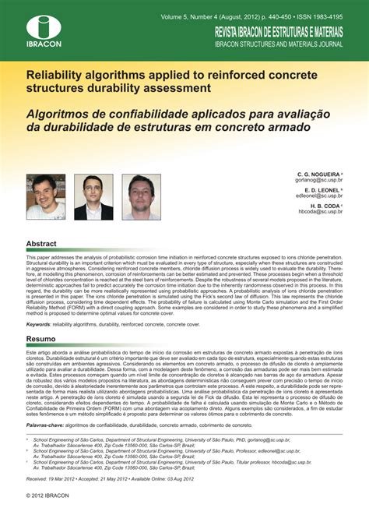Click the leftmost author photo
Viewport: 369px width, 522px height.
pyautogui.click(x=46, y=196)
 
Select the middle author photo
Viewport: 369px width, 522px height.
pyautogui.click(x=93, y=196)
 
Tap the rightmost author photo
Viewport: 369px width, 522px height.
pyautogui.click(x=141, y=196)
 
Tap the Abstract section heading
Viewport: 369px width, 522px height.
pyautogui.click(x=41, y=243)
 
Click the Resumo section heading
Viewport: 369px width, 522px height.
pyautogui.click(x=41, y=340)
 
